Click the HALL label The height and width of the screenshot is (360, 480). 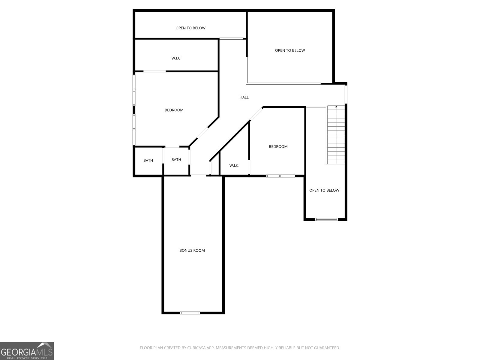coord(244,97)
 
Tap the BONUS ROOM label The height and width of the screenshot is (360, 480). coord(192,250)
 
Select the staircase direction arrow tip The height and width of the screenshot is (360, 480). coord(336,106)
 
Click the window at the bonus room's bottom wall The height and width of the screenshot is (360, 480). coord(190,313)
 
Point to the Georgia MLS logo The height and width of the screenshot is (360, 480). coord(27,351)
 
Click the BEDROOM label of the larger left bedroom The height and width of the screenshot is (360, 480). coord(174,110)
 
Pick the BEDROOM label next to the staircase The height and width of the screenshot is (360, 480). coord(278,146)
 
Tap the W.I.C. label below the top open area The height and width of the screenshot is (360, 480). coord(176,58)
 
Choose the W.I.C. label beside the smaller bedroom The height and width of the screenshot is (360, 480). coord(234,166)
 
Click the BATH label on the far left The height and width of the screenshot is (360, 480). coord(148,160)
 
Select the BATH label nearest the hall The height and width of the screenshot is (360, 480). coord(176,160)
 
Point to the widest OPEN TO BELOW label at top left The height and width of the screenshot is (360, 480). coord(190,28)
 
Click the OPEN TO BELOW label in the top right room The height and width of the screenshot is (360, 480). coord(290,50)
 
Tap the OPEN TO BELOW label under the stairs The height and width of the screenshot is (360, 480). coord(324,190)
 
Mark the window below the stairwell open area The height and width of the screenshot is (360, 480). coord(327,219)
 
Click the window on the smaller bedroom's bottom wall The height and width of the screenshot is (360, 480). coord(281,176)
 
